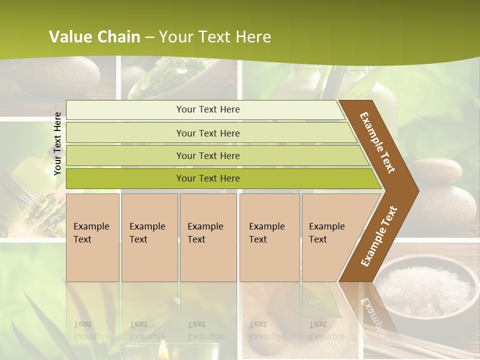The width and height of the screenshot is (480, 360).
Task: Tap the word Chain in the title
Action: tap(119, 36)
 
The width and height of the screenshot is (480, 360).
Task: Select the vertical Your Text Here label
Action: tap(57, 143)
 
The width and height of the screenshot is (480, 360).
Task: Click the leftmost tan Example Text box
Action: tap(92, 237)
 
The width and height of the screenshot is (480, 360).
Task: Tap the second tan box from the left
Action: tap(149, 237)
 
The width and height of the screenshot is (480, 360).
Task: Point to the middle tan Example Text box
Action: tap(208, 237)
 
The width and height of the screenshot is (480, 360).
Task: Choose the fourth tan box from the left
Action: tap(269, 237)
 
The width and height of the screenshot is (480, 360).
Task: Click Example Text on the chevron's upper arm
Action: tap(377, 142)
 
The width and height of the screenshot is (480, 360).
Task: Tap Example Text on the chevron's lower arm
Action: tap(379, 236)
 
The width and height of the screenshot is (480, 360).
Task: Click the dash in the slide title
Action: tap(149, 37)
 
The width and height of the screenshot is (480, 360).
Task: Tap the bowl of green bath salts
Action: tap(172, 80)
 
